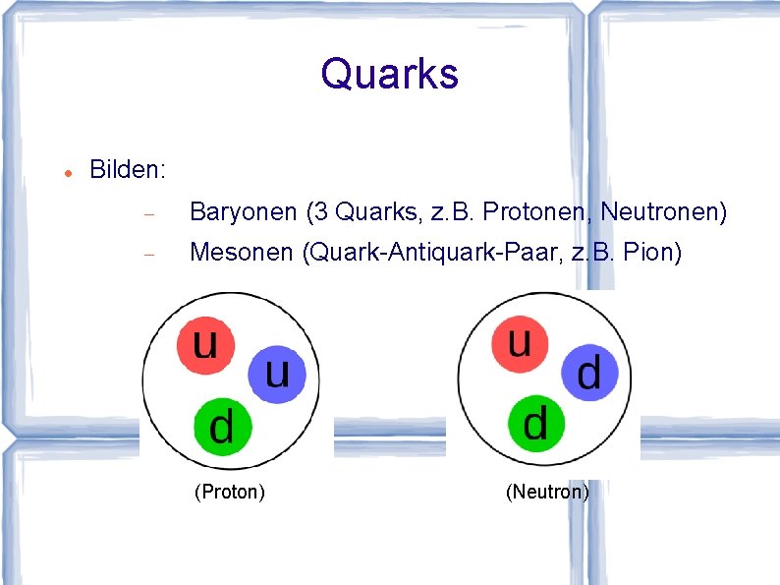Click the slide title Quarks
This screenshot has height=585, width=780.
[389, 74]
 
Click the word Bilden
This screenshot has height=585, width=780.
[127, 169]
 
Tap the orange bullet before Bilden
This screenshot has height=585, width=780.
[64, 171]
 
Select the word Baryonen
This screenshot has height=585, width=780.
[243, 211]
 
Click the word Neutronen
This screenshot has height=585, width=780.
[663, 211]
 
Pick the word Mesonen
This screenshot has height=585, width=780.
[241, 254]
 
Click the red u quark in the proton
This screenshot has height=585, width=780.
[205, 345]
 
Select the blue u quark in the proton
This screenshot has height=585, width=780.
[278, 374]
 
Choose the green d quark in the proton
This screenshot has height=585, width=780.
[222, 426]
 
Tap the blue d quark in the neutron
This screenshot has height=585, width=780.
[589, 373]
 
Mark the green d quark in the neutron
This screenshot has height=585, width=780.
[535, 424]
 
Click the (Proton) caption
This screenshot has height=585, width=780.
[230, 492]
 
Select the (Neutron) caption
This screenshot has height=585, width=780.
[547, 492]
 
